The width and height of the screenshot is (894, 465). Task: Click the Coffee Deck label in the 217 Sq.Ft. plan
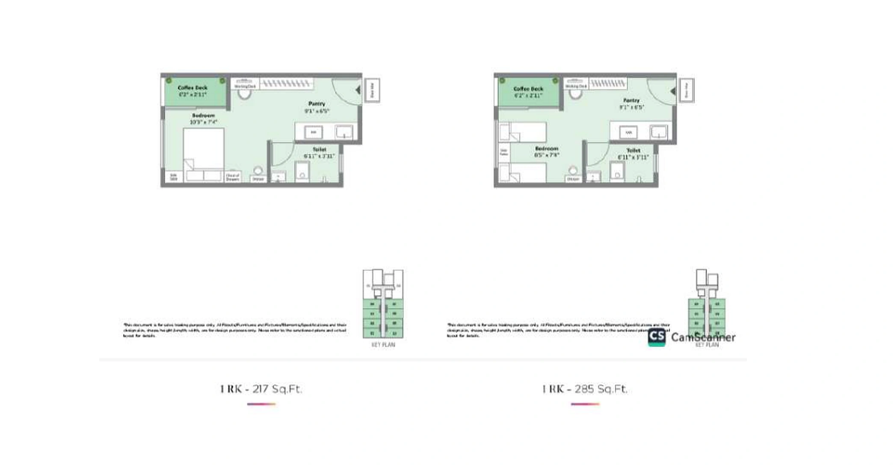click(192, 88)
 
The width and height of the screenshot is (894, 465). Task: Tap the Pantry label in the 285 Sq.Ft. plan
click(631, 100)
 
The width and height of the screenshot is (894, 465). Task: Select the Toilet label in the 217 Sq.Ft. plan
click(319, 149)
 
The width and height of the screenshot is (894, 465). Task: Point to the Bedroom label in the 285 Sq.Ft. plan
click(546, 149)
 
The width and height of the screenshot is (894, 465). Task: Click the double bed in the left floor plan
click(204, 154)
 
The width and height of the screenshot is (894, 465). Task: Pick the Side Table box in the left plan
click(174, 176)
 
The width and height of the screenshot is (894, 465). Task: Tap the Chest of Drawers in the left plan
click(233, 177)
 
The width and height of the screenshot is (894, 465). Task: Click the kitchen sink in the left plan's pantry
click(344, 132)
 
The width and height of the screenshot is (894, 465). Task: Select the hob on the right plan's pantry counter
click(628, 132)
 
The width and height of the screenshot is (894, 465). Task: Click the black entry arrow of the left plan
click(358, 90)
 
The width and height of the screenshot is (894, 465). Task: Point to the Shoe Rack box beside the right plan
click(687, 90)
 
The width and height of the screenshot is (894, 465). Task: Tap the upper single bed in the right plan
click(523, 132)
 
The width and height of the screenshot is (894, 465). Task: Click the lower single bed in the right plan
click(523, 173)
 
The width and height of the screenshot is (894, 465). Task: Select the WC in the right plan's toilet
click(617, 171)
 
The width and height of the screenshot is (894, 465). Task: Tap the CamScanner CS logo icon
click(657, 337)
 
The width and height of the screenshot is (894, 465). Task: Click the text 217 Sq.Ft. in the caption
click(277, 389)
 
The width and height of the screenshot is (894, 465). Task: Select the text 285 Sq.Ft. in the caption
click(601, 389)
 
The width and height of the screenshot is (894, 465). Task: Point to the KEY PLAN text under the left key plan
click(383, 345)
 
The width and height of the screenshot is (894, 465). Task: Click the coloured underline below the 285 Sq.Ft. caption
click(585, 404)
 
